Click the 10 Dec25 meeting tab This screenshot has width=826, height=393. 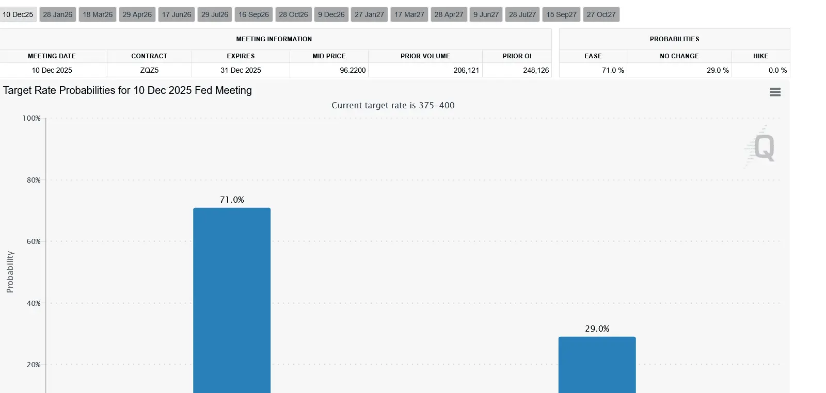(18, 14)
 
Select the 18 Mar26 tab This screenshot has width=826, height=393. (98, 14)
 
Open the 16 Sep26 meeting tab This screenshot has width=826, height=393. (253, 14)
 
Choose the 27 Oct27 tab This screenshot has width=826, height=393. (601, 14)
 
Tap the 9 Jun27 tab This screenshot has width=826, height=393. (486, 14)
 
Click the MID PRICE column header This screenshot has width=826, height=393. (329, 56)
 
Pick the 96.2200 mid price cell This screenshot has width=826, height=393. (353, 70)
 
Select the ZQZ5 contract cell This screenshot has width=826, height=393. (149, 70)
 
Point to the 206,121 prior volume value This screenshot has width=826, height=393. (466, 70)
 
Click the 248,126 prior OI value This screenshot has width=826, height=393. (536, 70)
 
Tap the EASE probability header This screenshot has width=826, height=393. (593, 56)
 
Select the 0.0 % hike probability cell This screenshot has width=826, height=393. (777, 70)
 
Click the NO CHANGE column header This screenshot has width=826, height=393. (679, 56)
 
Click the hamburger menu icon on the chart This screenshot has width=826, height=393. (775, 92)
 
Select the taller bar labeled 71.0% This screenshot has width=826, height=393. (232, 299)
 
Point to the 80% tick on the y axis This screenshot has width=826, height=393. (34, 180)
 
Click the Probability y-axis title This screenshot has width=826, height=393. (10, 272)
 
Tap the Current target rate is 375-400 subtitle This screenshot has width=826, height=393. (393, 105)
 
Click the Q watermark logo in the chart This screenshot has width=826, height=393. (763, 148)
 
